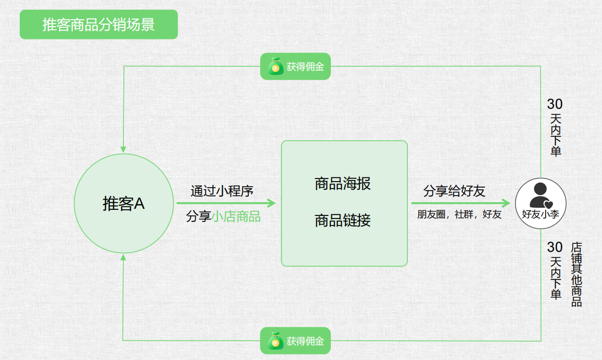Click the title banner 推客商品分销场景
[99, 24]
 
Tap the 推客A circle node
[123, 204]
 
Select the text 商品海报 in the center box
[342, 184]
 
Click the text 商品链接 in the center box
[342, 220]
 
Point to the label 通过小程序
[222, 191]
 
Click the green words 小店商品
[236, 217]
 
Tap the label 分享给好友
[454, 191]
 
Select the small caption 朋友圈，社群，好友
[459, 214]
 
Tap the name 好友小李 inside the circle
[540, 214]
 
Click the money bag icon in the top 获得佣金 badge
[276, 66]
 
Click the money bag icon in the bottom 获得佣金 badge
[276, 341]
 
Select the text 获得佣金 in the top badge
[305, 66]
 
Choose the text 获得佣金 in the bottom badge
[305, 341]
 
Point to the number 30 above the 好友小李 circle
[555, 104]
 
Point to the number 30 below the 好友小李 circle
[555, 247]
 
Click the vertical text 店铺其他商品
[576, 275]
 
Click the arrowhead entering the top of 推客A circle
[123, 149]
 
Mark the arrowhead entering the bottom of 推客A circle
[123, 258]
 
